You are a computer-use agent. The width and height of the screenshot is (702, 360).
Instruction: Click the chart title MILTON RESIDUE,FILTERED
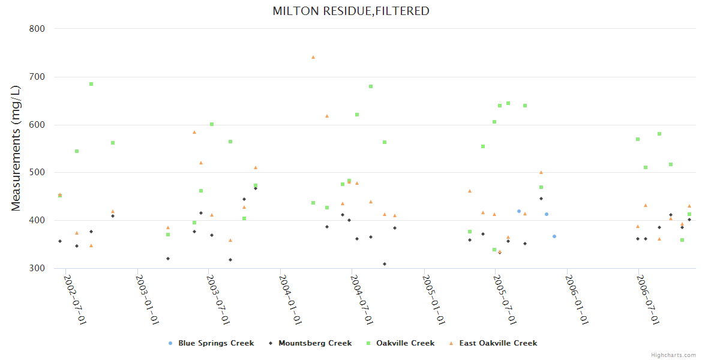(x=351, y=11)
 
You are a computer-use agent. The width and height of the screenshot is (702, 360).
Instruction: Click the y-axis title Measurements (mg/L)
(x=16, y=148)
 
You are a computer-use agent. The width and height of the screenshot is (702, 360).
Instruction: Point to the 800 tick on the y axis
(x=37, y=28)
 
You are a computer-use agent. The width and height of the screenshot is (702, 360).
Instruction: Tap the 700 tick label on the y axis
(x=37, y=77)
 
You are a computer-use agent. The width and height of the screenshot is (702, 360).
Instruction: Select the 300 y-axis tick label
(x=37, y=268)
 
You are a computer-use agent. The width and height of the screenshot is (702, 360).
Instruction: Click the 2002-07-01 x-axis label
(x=75, y=299)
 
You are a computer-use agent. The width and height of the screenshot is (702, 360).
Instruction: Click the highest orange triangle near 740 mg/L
(x=313, y=57)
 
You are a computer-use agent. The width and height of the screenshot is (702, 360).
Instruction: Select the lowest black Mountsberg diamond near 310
(x=385, y=264)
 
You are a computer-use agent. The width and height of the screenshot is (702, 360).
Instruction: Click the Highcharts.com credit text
(x=674, y=355)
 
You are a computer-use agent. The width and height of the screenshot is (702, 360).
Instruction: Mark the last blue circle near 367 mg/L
(x=554, y=236)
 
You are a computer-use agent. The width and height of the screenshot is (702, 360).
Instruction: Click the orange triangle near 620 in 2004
(x=327, y=116)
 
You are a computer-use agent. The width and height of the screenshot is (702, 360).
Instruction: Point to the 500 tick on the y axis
(x=37, y=173)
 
